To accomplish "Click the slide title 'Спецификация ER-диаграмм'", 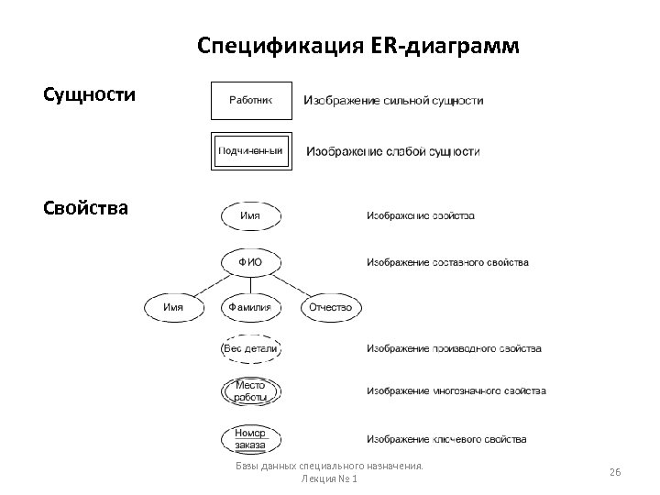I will coord(358,46).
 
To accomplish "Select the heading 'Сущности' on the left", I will coord(90,94).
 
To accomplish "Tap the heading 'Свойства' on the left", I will coord(85,207).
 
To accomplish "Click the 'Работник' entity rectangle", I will coord(251,101).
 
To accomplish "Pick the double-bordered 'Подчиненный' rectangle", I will coord(251,151).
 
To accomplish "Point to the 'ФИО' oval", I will coord(250,262).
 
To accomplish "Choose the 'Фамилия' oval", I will coord(250,307).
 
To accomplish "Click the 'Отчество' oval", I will coord(331,307).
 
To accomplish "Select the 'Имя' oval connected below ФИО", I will coord(172,307).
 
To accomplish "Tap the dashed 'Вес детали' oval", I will coord(250,349).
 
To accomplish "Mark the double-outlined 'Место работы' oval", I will coord(250,391).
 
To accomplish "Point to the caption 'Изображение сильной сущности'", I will coord(393,101).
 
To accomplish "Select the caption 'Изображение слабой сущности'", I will coord(392,151).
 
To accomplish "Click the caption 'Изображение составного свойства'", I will coord(447,263).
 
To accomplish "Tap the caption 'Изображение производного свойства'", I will coord(454,349).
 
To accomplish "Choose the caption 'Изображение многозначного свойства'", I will coord(456,391).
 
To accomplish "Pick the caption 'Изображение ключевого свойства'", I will coord(446,439).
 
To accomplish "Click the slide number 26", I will coord(615,471).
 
